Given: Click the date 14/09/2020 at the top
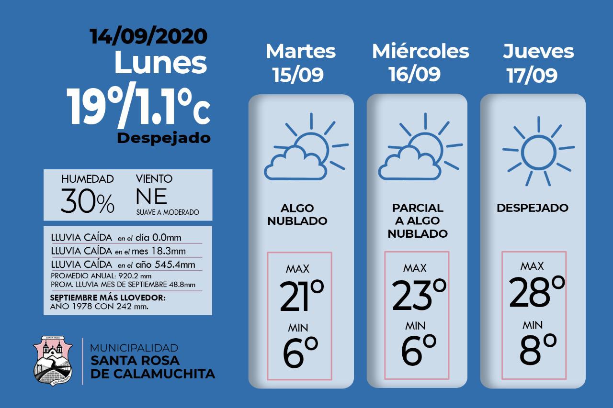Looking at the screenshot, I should (149, 36).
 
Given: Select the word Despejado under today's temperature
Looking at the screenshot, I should (164, 138).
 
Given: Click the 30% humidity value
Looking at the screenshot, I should (88, 202).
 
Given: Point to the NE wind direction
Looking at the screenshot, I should (151, 196).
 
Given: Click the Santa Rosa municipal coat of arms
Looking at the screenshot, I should (53, 361).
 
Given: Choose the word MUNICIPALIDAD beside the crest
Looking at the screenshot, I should (134, 348).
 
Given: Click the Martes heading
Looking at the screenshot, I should (301, 51).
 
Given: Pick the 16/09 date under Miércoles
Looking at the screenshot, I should (414, 75).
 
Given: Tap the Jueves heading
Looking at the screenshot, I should (538, 51).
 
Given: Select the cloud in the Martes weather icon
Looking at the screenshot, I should (293, 163).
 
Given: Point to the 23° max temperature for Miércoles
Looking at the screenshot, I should (419, 294).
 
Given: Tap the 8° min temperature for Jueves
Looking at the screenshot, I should (538, 348).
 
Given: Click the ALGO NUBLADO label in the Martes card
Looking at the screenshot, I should (297, 215).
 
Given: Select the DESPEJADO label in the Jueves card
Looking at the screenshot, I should (533, 208).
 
